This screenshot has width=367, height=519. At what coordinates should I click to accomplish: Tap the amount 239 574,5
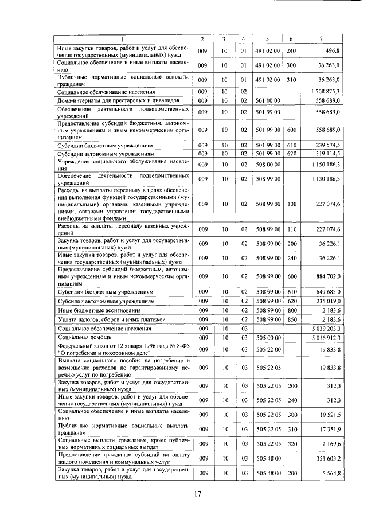click(x=326, y=146)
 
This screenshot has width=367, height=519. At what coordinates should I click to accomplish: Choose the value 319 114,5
click(x=326, y=154)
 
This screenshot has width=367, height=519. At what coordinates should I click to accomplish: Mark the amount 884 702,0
click(x=326, y=276)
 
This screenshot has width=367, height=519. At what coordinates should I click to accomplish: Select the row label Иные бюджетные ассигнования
click(x=91, y=310)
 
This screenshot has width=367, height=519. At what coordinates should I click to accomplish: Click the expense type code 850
click(x=291, y=319)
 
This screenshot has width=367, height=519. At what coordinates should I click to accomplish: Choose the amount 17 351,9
click(x=327, y=429)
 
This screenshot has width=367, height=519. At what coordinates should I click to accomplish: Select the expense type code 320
click(x=291, y=443)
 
